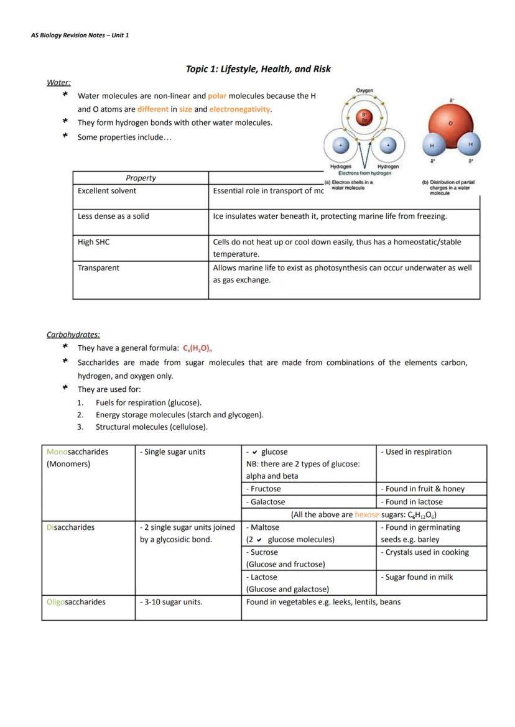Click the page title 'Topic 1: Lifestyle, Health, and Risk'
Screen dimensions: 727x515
tap(258, 69)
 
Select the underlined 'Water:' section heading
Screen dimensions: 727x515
tap(58, 82)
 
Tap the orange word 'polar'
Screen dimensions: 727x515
tap(217, 96)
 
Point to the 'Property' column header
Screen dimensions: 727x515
tap(141, 178)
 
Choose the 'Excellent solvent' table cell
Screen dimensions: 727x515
tap(106, 191)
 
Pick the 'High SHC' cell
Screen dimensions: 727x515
tap(93, 242)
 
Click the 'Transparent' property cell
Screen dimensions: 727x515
tap(98, 268)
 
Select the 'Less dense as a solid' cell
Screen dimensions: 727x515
tap(113, 216)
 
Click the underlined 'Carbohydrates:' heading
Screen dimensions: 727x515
tap(73, 335)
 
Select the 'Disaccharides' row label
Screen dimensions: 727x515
tap(70, 527)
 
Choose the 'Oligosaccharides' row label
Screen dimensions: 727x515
tap(76, 602)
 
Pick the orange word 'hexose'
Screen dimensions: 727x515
tap(366, 515)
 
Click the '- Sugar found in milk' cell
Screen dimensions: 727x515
tap(417, 577)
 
